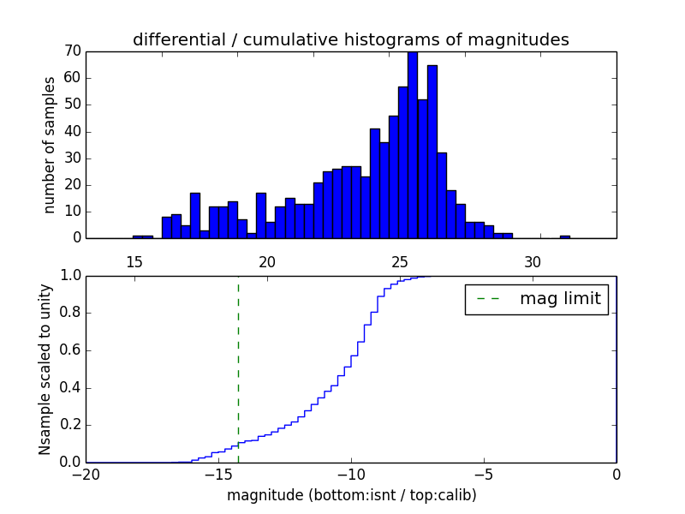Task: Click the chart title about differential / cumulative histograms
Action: pos(350,39)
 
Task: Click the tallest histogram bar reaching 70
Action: pos(413,146)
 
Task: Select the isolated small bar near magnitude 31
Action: pos(565,236)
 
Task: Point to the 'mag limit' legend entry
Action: pos(536,299)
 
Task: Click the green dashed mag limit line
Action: pos(238,368)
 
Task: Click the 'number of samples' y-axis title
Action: pos(50,144)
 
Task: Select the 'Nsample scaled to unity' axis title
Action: pos(45,368)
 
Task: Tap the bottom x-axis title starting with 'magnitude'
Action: pos(351,495)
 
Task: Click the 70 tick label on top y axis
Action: pos(72,51)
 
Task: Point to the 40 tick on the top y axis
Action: pos(72,131)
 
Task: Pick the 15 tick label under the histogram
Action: pos(134,261)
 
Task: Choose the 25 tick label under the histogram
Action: pos(400,261)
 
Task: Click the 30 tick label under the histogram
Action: pos(533,261)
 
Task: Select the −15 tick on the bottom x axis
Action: pos(217,474)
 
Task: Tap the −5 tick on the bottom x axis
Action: pos(483,474)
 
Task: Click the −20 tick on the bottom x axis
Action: pos(85,474)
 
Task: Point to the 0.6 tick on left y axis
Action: pos(69,350)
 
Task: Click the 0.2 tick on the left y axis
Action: pos(69,425)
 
